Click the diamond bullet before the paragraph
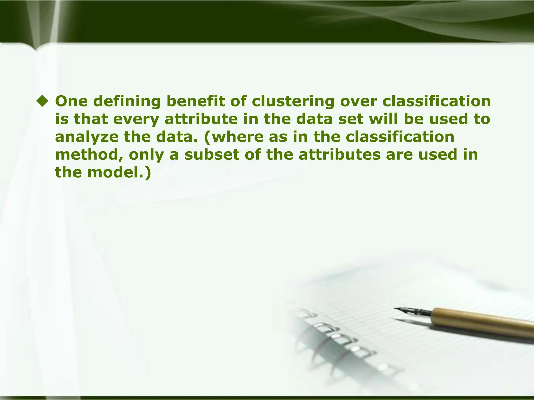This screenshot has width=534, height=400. click(x=43, y=101)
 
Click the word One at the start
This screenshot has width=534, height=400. click(x=71, y=101)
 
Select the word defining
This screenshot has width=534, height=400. click(x=127, y=102)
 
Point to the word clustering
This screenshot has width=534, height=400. click(x=293, y=102)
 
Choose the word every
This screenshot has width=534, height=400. click(x=136, y=120)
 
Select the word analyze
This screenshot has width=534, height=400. click(x=87, y=137)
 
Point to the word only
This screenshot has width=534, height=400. click(x=146, y=155)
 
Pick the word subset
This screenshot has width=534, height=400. click(x=211, y=155)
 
